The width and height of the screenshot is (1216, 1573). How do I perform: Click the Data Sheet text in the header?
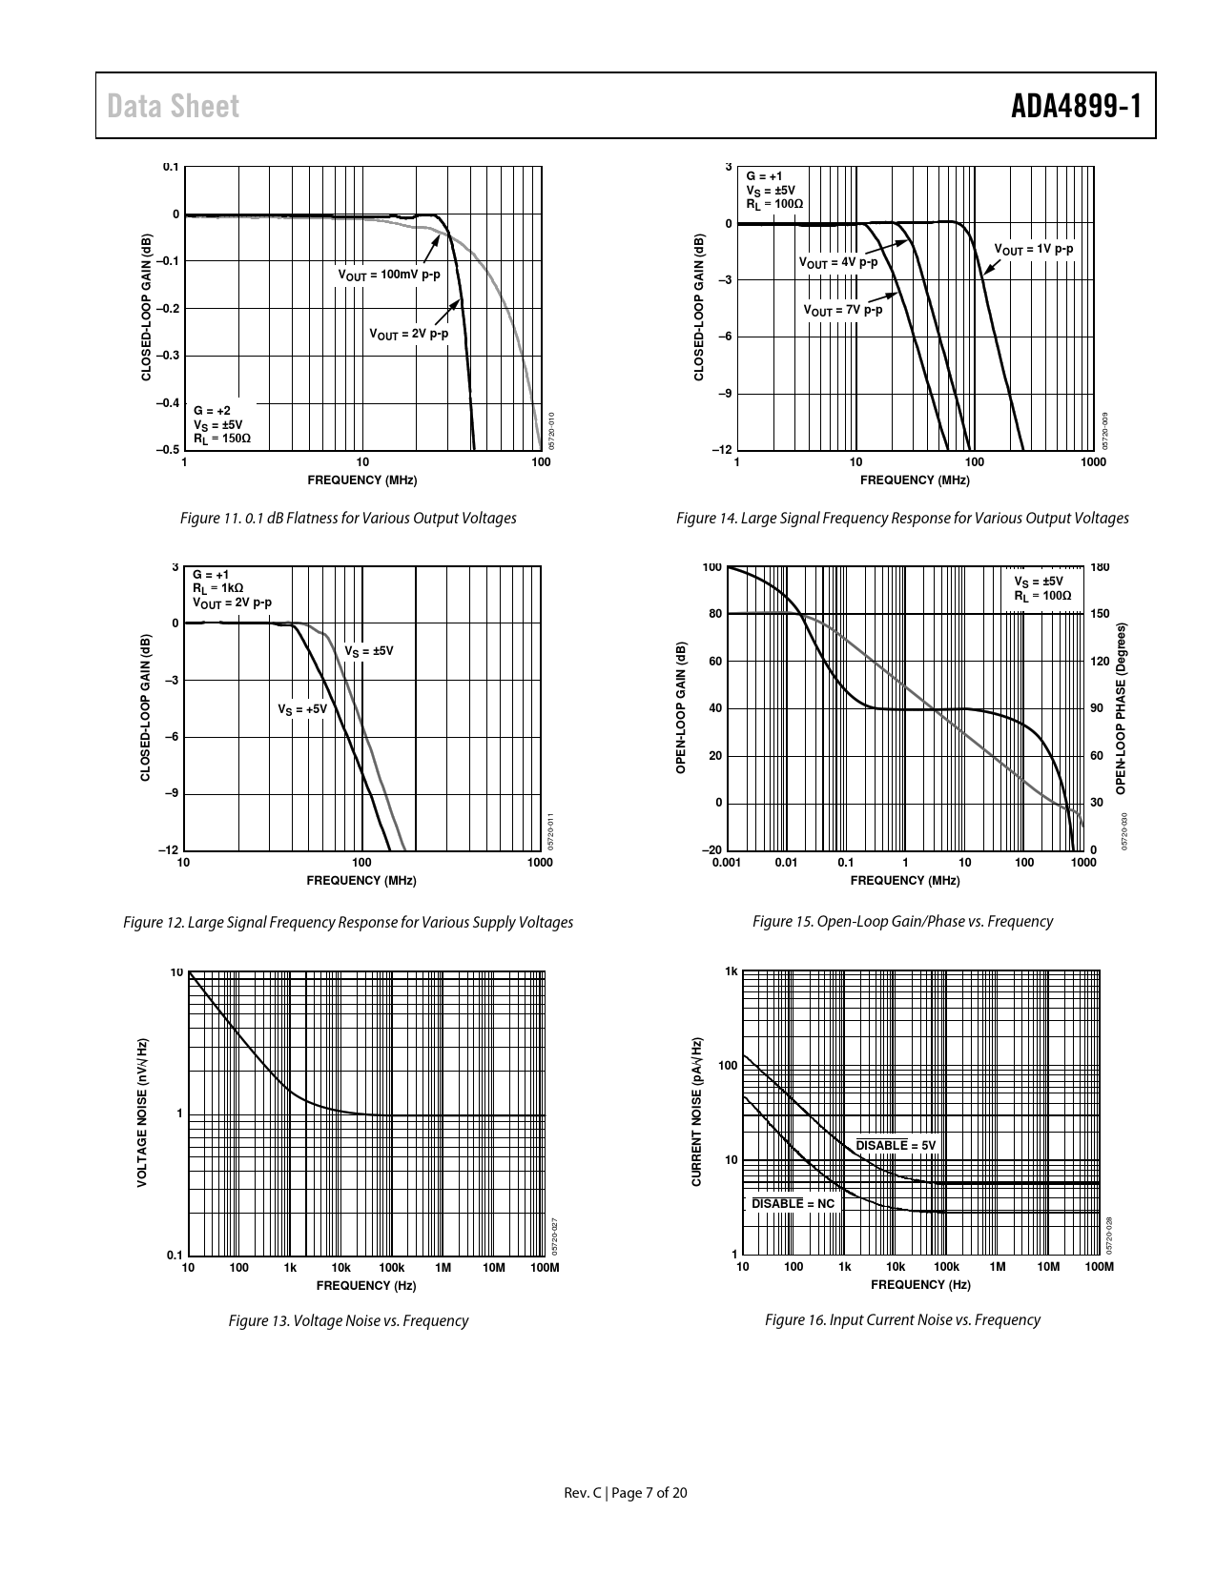(x=174, y=107)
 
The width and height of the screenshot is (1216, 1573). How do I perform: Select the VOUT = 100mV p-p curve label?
(x=389, y=275)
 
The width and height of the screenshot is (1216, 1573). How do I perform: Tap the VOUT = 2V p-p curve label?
(x=408, y=335)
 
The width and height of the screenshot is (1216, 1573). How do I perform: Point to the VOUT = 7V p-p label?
(x=842, y=310)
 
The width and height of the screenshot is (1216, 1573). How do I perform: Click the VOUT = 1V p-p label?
(x=1034, y=249)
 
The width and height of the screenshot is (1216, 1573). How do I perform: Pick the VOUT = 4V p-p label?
(x=837, y=261)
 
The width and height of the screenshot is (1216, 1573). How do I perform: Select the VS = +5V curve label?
(x=302, y=709)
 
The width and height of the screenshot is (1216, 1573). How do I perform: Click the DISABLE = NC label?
(x=793, y=1203)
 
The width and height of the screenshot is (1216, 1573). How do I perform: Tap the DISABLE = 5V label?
(x=897, y=1145)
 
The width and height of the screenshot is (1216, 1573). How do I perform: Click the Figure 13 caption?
(x=348, y=1320)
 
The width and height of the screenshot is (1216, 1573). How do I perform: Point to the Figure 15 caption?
(x=902, y=921)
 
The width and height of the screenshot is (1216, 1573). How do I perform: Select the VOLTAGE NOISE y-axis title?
(x=142, y=1112)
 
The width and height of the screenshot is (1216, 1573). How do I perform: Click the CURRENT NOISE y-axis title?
(x=696, y=1112)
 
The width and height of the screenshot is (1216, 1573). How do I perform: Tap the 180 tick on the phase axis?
(x=1099, y=567)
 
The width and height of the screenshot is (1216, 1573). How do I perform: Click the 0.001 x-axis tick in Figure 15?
(x=727, y=864)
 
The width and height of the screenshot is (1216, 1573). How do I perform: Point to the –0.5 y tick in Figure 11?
(x=167, y=449)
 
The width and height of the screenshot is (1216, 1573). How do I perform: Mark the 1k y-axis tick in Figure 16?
(x=732, y=971)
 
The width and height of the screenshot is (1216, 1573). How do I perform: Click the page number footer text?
(x=626, y=1493)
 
